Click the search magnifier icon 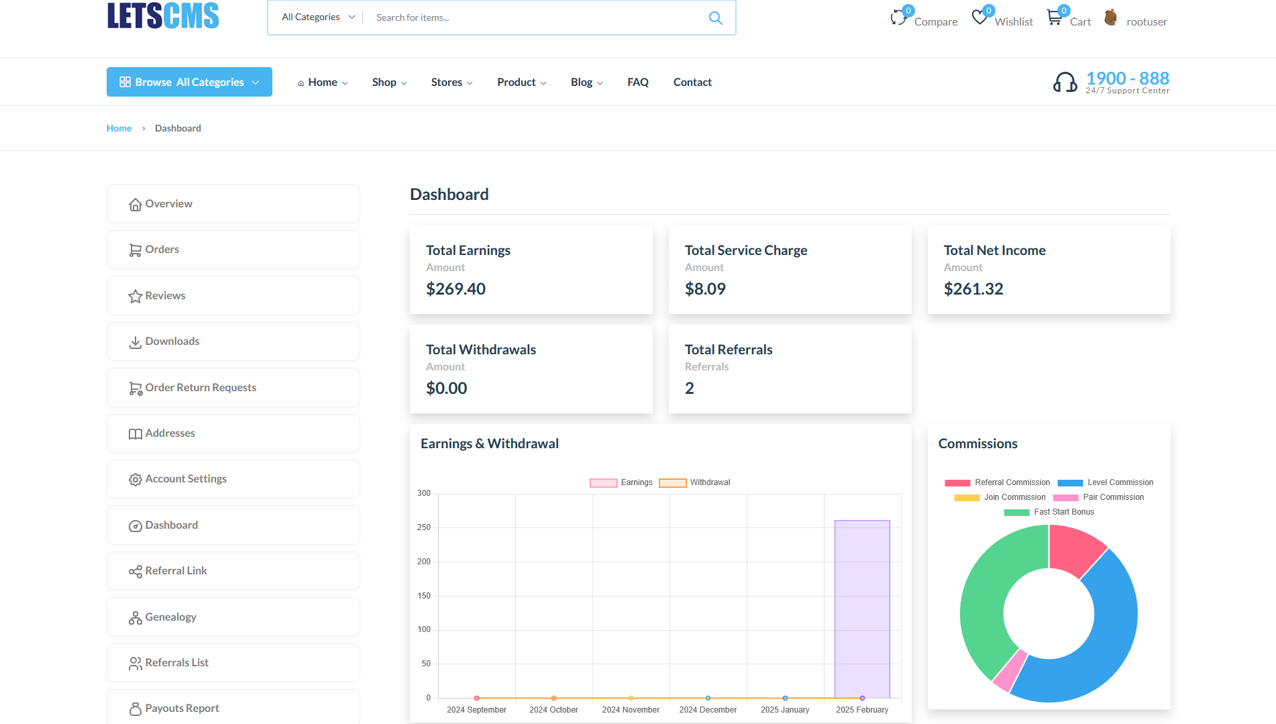(715, 18)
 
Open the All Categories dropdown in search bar (318, 17)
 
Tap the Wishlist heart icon (979, 17)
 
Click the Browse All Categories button (189, 82)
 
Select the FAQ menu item (637, 82)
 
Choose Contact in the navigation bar (692, 82)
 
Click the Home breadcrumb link (119, 128)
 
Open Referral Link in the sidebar (176, 571)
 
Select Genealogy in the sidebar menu (170, 617)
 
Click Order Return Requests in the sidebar (201, 388)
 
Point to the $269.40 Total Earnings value (456, 289)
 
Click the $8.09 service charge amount (705, 289)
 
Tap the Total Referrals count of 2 (689, 389)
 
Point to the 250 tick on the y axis (423, 527)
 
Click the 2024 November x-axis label (631, 710)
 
